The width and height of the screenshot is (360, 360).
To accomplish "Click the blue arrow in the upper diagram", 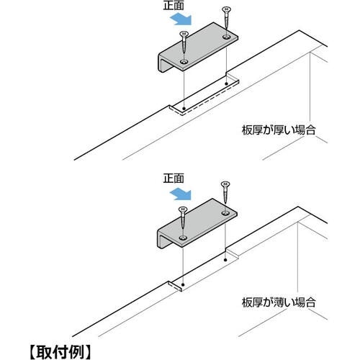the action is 181,19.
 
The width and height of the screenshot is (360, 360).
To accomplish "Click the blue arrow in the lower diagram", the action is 181,194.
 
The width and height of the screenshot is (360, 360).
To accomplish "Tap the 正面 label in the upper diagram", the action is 174,5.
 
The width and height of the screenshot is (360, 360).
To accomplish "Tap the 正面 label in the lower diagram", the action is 174,179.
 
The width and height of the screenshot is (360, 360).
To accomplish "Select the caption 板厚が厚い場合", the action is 279,130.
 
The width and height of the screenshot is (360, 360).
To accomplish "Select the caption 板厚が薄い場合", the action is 279,302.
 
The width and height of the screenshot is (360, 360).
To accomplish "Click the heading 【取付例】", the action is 60,351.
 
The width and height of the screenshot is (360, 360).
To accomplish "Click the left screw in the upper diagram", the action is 184,42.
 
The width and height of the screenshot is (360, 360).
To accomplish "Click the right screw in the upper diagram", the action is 225,18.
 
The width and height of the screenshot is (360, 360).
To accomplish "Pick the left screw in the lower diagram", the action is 183,217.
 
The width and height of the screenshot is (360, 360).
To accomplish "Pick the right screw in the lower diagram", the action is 225,192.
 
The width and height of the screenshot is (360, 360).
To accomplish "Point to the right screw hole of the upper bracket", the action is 226,37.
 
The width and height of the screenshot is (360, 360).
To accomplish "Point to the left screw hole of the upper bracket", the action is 184,62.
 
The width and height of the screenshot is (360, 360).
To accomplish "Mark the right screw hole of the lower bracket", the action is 225,213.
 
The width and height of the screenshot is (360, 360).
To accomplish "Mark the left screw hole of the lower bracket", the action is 183,238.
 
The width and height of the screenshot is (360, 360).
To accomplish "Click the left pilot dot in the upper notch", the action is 184,109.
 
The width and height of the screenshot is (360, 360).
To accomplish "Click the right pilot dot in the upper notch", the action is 226,84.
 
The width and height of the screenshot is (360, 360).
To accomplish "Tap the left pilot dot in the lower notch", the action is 183,285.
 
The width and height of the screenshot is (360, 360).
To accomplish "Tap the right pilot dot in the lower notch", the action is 225,260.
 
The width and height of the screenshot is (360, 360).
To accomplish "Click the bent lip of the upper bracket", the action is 161,63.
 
